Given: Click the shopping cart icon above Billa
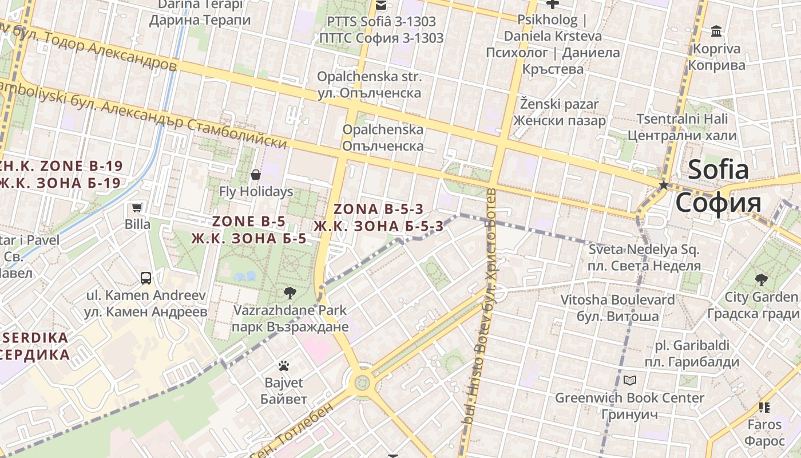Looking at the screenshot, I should tap(137, 207).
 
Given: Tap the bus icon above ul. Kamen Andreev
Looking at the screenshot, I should tap(146, 278).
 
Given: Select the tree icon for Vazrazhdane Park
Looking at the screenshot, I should tap(290, 293).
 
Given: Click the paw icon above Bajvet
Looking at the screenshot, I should tap(284, 365).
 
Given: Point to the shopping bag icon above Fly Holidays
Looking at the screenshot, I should tap(256, 174).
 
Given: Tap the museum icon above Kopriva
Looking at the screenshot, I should tap(716, 31).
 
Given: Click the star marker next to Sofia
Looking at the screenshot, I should tap(664, 185).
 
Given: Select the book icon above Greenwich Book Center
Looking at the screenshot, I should tap(629, 380).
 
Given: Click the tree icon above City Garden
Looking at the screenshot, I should tap(761, 279).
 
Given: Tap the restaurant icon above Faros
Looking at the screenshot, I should tap(764, 408).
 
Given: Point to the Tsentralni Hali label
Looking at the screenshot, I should tap(682, 127).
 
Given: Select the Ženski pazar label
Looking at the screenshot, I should tap(559, 112).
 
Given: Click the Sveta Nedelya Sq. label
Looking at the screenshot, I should tap(644, 258).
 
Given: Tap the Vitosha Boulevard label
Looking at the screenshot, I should tap(617, 307).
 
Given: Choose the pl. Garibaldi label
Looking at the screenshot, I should tap(692, 353).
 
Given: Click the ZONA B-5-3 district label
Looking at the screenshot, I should tap(378, 218).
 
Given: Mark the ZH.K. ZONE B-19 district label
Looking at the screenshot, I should tap(60, 175).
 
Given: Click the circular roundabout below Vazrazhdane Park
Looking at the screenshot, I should tap(362, 381).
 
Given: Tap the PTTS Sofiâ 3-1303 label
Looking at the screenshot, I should tap(381, 30).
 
